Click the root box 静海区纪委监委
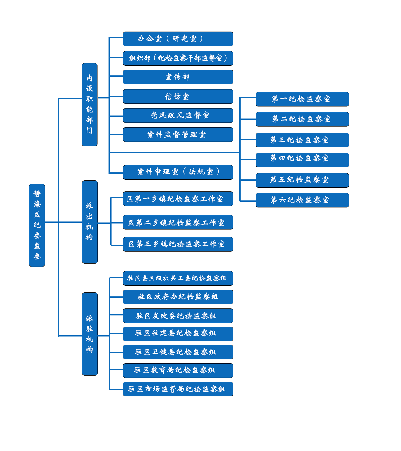tap(37, 225)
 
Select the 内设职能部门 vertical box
tap(89, 104)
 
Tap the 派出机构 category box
tap(90, 222)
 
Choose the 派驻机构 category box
tap(90, 334)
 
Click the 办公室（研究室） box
tap(178, 39)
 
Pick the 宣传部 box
tap(178, 77)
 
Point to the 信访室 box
tap(178, 96)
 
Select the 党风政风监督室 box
tap(178, 116)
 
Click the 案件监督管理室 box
tap(178, 135)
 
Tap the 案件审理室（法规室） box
tap(178, 172)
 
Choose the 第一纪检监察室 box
tap(302, 99)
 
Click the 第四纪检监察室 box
tap(302, 160)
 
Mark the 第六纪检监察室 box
tap(302, 200)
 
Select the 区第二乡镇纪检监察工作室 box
tap(178, 222)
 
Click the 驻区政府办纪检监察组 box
tap(178, 297)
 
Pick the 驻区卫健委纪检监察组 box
tap(178, 352)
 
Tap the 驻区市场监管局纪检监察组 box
tap(178, 389)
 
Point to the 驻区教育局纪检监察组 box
tap(178, 370)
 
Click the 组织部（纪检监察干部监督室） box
tap(178, 58)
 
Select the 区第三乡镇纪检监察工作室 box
tap(178, 244)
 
